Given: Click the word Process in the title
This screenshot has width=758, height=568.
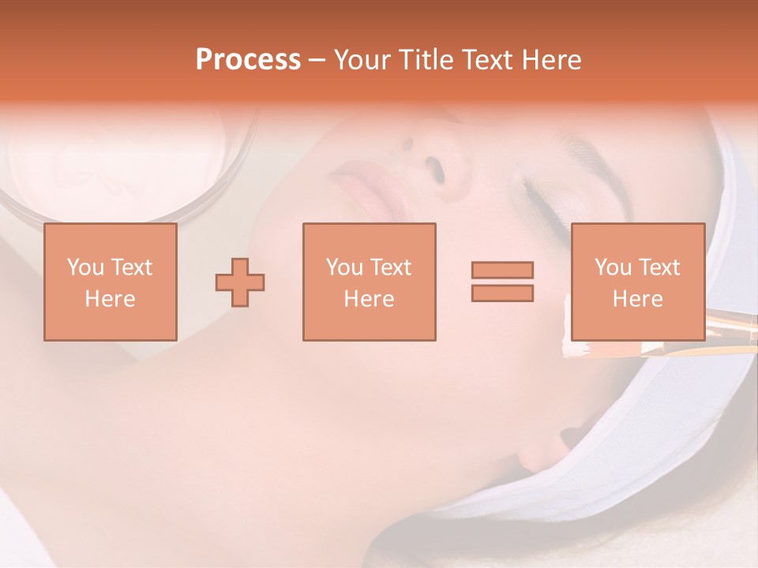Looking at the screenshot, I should [x=248, y=60].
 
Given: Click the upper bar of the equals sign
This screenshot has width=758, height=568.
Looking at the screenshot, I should [x=502, y=270].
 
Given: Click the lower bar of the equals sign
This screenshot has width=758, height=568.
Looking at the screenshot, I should [x=502, y=293].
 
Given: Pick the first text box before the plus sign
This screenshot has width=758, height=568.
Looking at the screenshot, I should [x=110, y=282].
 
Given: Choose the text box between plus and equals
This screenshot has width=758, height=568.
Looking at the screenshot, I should [x=369, y=282].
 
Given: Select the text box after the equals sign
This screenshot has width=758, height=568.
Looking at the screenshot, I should [x=637, y=282].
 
